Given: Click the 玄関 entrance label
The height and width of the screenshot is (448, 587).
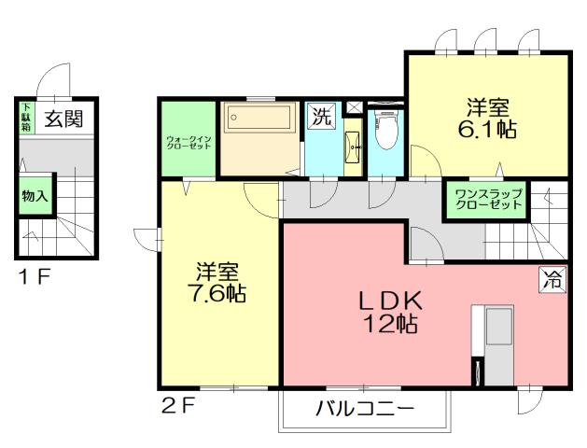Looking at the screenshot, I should (x=63, y=119).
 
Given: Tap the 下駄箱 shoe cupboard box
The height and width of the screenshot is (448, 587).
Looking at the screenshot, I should (x=26, y=119).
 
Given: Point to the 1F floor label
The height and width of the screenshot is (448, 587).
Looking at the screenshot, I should (x=30, y=276).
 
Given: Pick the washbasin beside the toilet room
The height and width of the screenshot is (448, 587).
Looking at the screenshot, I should (x=355, y=145).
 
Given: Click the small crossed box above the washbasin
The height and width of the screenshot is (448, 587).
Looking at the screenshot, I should (x=355, y=106).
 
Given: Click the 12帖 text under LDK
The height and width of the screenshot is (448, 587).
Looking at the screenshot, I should (x=392, y=325).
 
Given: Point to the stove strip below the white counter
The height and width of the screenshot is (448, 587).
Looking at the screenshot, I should (x=478, y=370).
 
